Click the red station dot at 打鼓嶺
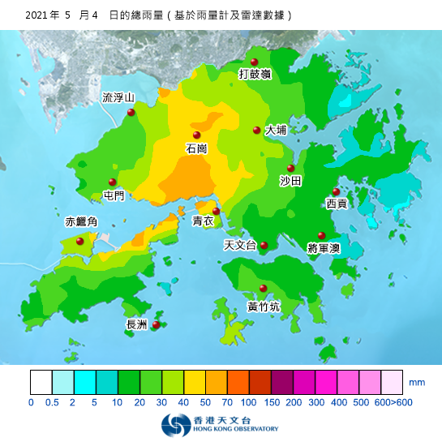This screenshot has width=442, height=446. (x=255, y=62)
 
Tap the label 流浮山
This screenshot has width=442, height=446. (x=118, y=98)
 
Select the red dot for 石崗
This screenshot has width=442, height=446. (x=196, y=135)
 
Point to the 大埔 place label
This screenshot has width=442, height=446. (x=276, y=130)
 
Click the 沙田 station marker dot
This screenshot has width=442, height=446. (x=290, y=169)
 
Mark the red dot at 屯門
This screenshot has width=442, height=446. (x=113, y=182)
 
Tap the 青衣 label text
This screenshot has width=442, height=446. (x=203, y=221)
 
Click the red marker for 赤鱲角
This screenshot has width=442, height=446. (x=79, y=241)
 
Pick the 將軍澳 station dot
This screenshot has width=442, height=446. (x=321, y=236)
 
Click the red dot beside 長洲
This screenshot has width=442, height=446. (x=156, y=324)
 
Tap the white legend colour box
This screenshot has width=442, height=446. (x=41, y=382)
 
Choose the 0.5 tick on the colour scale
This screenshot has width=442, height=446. (x=53, y=402)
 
